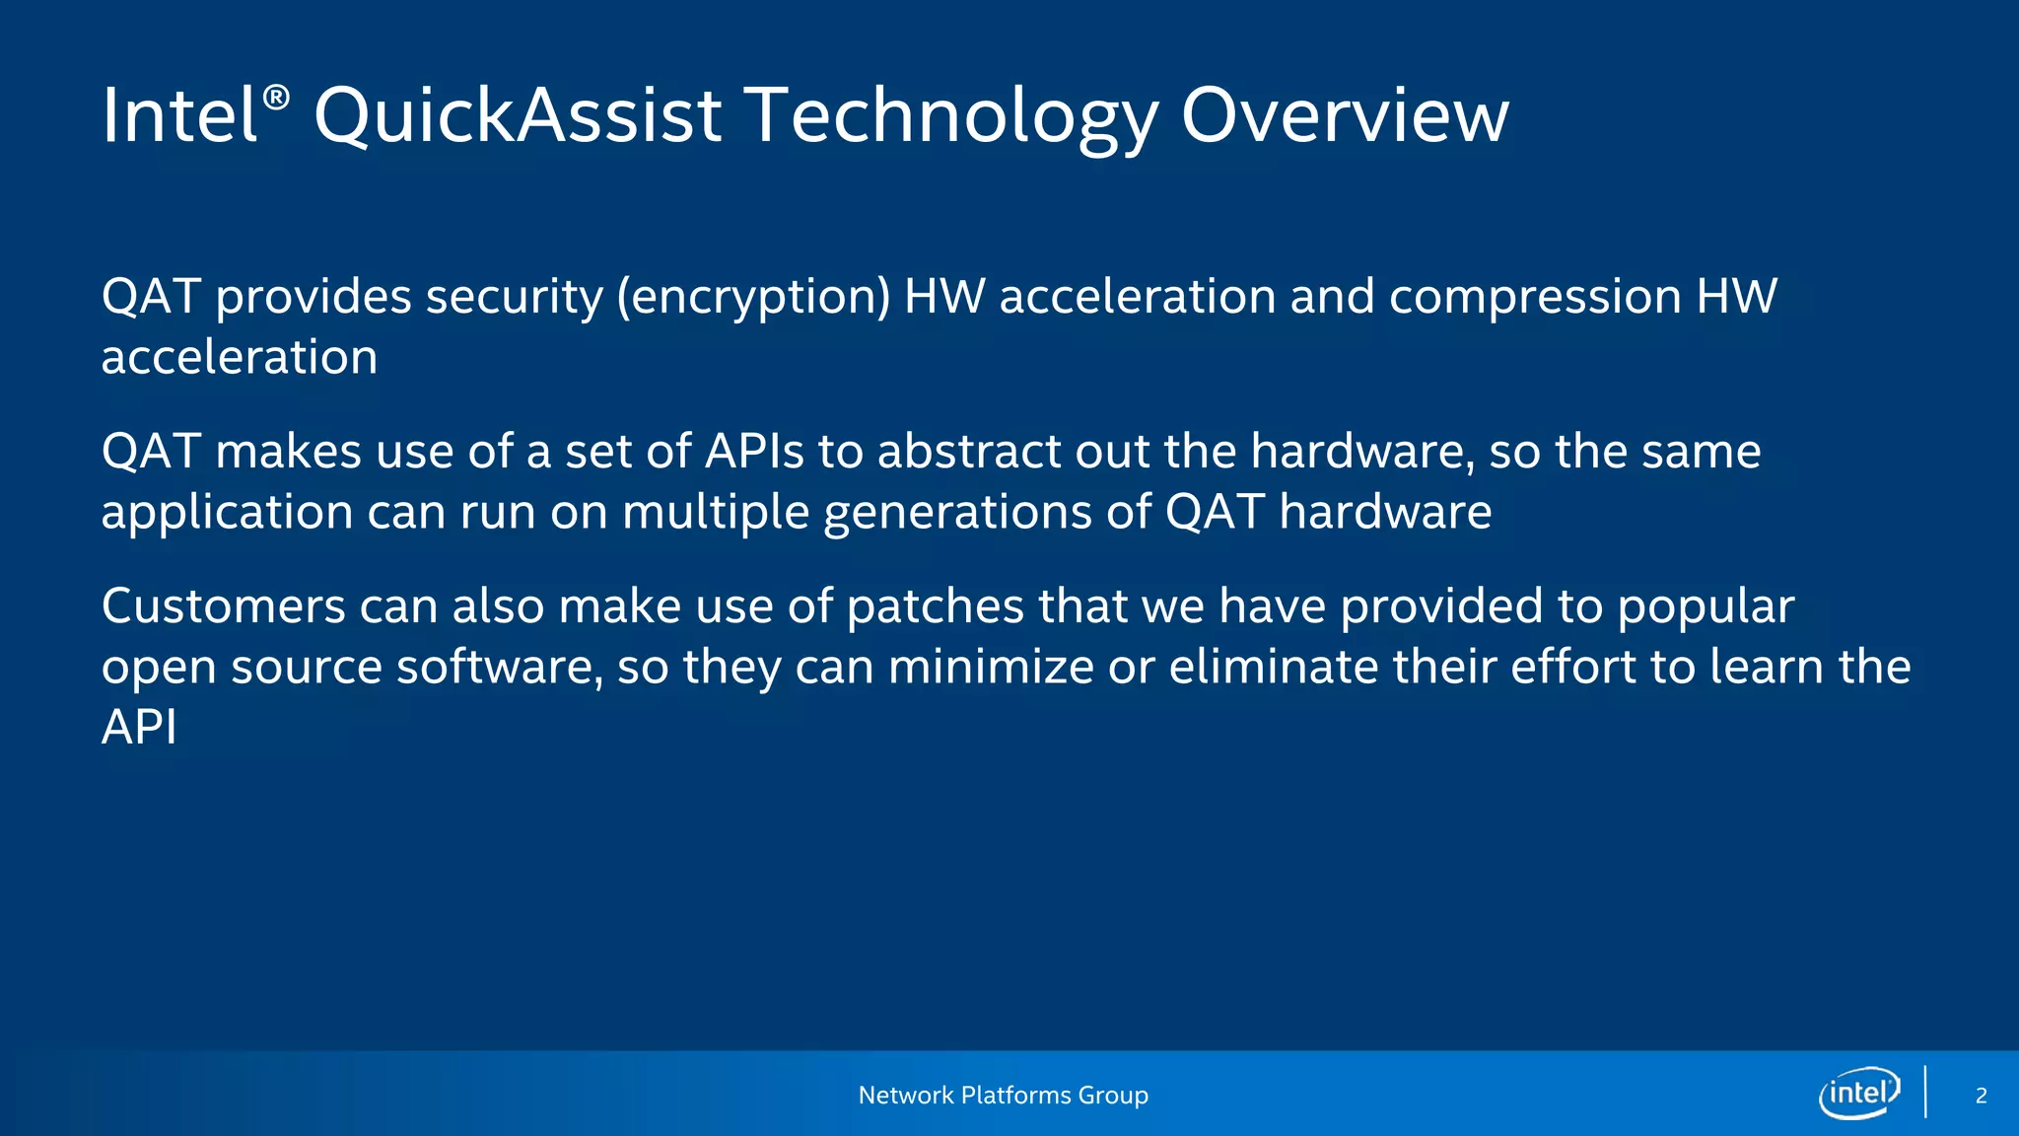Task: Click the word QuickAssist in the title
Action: [x=518, y=116]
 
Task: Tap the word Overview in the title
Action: [x=1344, y=116]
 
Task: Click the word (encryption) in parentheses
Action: [x=754, y=298]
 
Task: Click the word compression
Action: [x=1535, y=298]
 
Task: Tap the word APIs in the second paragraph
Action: [x=755, y=452]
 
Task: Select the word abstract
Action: [x=968, y=452]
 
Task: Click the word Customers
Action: [x=223, y=606]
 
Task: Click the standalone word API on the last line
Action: [x=139, y=728]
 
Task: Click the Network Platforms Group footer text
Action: [x=1003, y=1096]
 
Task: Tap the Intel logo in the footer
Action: [x=1859, y=1093]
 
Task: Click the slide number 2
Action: [x=1981, y=1096]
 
